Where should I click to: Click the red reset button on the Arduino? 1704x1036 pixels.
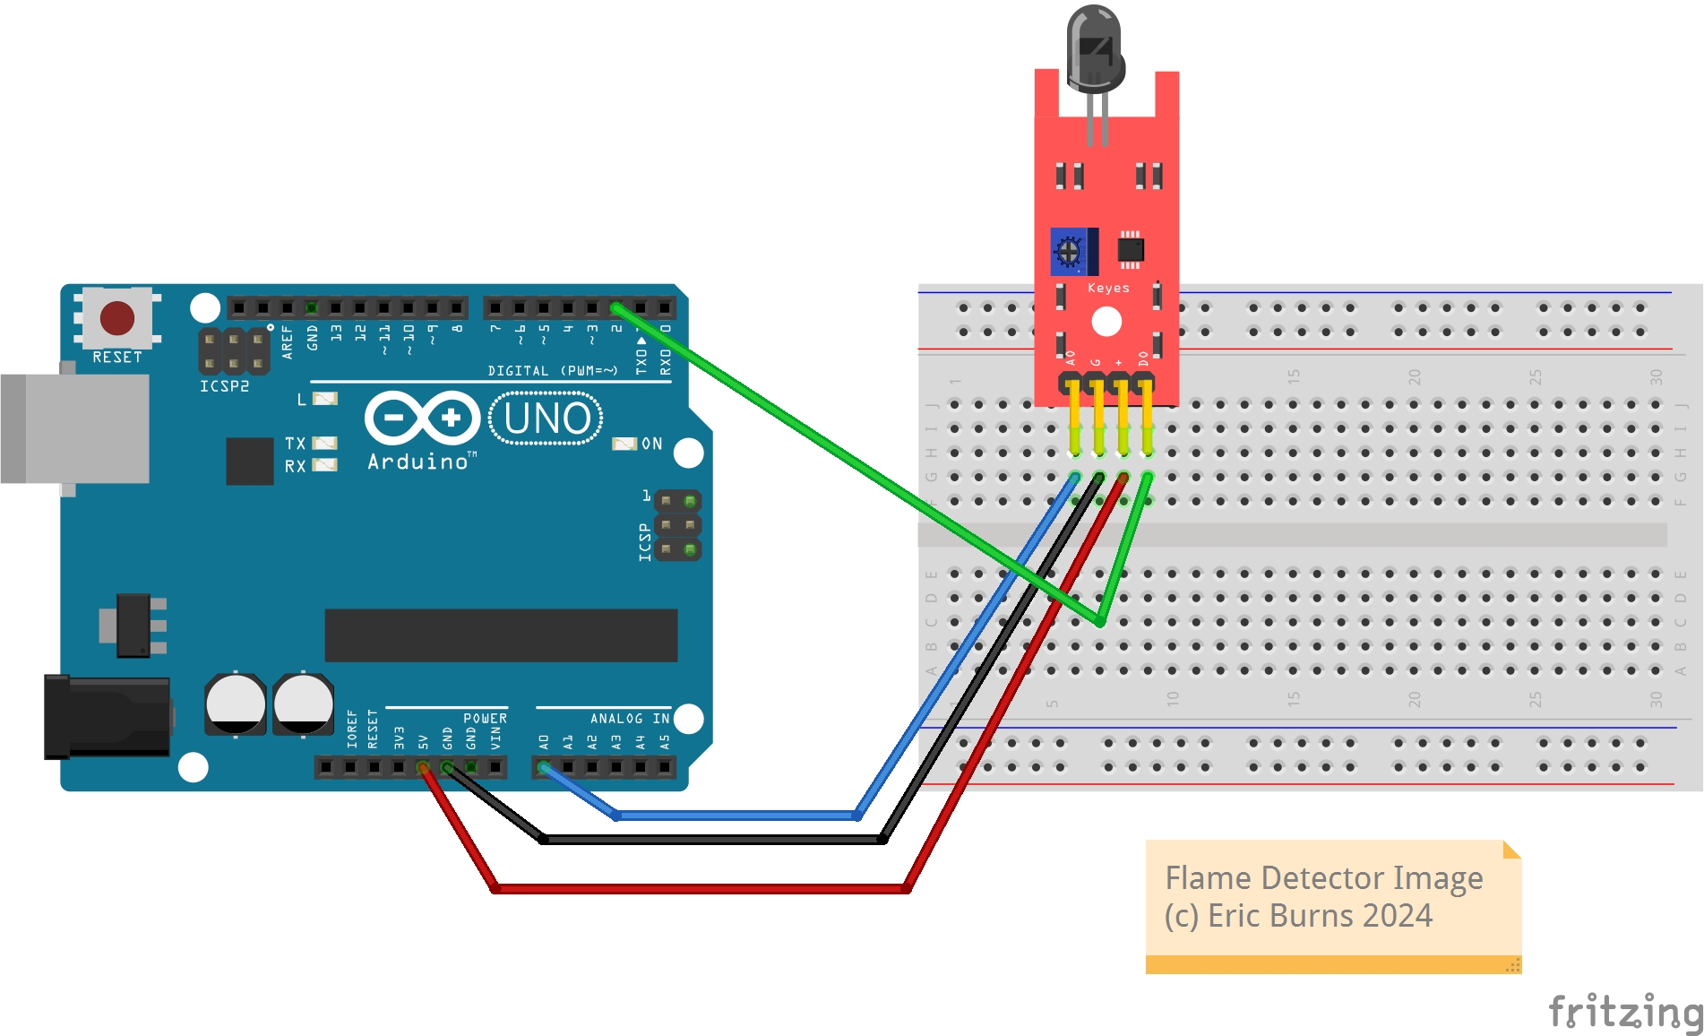(117, 317)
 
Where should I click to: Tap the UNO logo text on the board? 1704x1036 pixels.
(546, 419)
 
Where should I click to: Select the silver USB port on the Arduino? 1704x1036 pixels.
(76, 428)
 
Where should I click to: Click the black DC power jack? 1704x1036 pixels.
(108, 717)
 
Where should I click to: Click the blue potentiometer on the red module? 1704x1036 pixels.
(1070, 252)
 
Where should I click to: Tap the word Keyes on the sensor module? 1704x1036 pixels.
(1108, 288)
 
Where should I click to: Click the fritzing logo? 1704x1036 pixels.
(1626, 1011)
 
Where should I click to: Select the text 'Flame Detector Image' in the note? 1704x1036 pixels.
(1323, 877)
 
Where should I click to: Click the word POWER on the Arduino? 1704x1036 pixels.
(485, 718)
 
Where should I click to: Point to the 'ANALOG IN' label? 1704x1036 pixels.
(629, 718)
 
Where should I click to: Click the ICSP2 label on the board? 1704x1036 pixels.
(224, 386)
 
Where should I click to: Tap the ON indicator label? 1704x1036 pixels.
(651, 444)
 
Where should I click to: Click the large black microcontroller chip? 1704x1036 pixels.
(501, 635)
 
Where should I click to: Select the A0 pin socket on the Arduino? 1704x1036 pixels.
(543, 767)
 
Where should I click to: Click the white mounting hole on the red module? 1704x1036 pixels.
(1106, 322)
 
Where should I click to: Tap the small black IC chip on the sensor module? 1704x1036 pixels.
(1131, 250)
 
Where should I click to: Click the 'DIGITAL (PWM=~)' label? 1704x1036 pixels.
(552, 370)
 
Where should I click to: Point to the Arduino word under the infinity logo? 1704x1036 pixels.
(417, 462)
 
